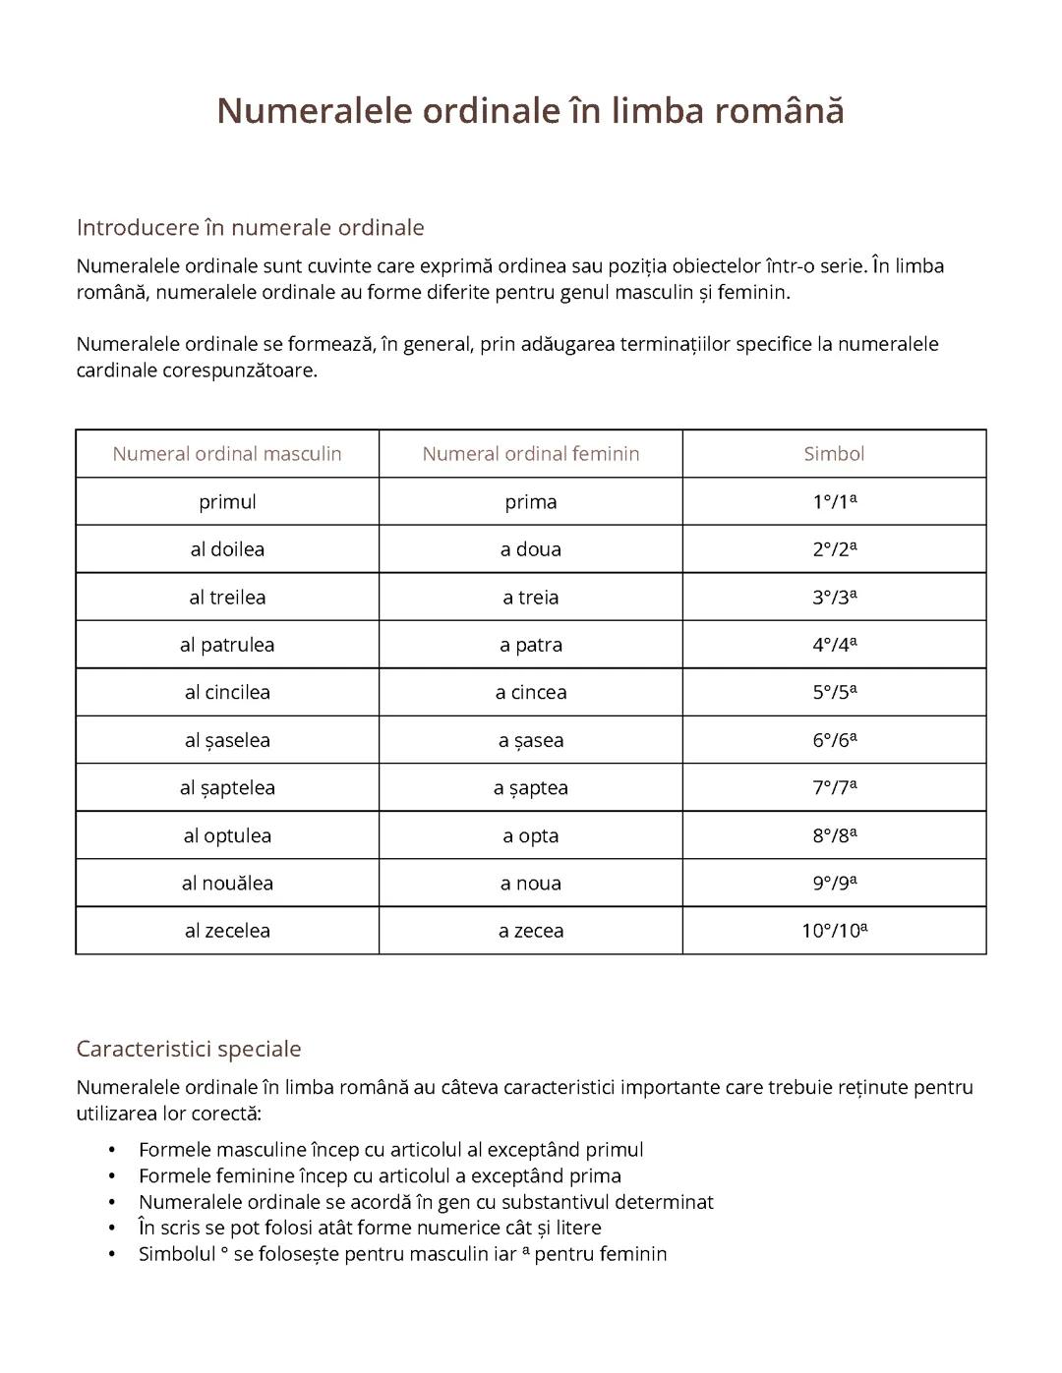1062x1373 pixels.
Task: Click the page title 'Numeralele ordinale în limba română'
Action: [x=530, y=110]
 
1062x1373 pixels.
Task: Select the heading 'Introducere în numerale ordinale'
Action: [x=250, y=227]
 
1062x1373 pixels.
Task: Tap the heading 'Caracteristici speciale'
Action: [x=188, y=1049]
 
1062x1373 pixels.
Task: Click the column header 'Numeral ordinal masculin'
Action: [x=227, y=454]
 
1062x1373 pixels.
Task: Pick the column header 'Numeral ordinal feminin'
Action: [x=530, y=454]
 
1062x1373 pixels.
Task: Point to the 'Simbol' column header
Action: [x=834, y=454]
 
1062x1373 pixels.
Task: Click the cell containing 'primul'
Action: [x=227, y=502]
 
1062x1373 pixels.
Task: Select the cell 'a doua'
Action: [x=530, y=549]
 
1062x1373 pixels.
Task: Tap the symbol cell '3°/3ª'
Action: [x=834, y=597]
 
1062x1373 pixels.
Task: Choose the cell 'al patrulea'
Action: [x=227, y=645]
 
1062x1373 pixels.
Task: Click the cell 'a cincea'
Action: [x=530, y=692]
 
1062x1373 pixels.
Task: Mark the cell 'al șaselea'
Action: [x=227, y=740]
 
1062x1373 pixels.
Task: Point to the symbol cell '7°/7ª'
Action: [x=834, y=787]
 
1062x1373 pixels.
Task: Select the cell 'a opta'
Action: [x=530, y=835]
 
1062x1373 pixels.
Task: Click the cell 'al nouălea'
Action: [x=227, y=883]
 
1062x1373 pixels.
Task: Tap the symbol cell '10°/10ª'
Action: [x=834, y=931]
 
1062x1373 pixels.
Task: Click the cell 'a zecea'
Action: [x=530, y=931]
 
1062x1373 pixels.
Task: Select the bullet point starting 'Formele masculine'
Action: [x=390, y=1150]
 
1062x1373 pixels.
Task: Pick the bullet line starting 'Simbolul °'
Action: [x=402, y=1254]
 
